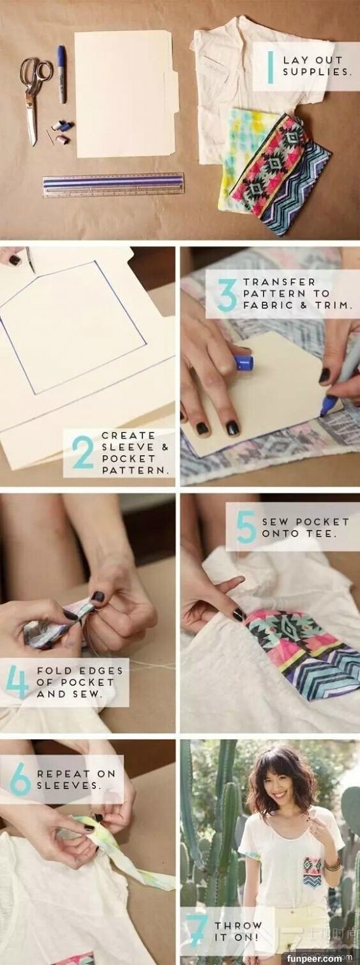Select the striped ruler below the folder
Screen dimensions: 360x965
coord(113,184)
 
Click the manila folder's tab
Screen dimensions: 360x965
coord(172,92)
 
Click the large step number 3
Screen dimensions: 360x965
coord(227,295)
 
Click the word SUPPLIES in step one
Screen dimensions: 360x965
coord(315,72)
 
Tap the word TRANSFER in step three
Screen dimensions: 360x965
coord(279,282)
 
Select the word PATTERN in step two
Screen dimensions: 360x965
coord(134,470)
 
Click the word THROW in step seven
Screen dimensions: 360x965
coord(239,926)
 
